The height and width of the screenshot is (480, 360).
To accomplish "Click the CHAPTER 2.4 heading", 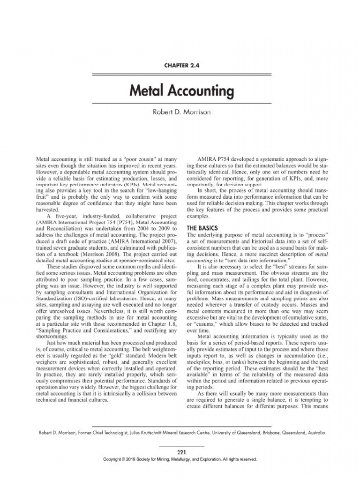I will (180, 66).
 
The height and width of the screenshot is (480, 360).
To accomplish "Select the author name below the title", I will (180, 112).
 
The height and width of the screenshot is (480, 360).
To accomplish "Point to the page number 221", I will (180, 452).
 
